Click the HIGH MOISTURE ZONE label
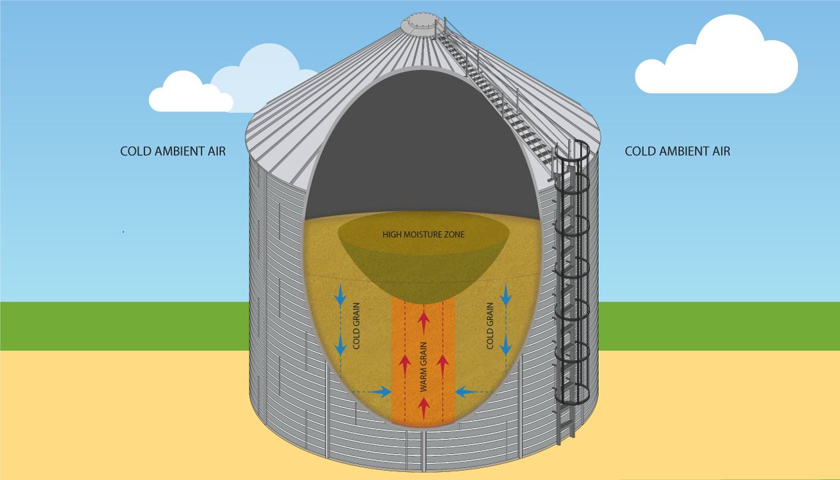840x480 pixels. [423, 235]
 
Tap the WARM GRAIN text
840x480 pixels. [423, 367]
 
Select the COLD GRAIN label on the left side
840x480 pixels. [356, 326]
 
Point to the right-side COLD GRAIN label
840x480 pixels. [490, 326]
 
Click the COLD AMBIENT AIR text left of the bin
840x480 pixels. [173, 151]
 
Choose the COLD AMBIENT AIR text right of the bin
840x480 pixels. [677, 151]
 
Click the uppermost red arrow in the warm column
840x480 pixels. [424, 323]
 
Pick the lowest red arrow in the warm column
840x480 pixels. [424, 408]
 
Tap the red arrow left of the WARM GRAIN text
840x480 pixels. [405, 365]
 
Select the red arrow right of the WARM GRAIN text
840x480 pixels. [443, 365]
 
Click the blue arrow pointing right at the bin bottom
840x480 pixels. [379, 392]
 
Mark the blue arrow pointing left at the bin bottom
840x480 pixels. [467, 392]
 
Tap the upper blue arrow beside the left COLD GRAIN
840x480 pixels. [341, 295]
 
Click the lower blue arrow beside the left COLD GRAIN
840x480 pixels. [341, 344]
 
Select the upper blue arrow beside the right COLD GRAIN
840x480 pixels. [506, 295]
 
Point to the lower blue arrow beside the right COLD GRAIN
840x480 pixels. [506, 344]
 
